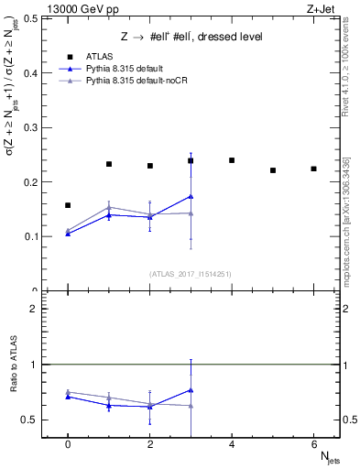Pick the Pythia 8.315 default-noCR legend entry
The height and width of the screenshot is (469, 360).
(128, 82)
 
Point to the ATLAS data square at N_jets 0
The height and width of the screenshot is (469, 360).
(68, 205)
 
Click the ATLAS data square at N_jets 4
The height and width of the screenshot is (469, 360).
(232, 160)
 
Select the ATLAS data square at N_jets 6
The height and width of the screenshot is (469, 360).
(313, 169)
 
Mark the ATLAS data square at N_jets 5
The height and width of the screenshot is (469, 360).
(273, 170)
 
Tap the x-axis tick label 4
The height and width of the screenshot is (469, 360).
(232, 444)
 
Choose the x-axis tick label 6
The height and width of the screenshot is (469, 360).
(313, 444)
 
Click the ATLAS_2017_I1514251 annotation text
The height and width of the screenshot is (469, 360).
(191, 274)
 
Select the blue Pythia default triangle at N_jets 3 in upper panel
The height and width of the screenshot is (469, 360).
(191, 196)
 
